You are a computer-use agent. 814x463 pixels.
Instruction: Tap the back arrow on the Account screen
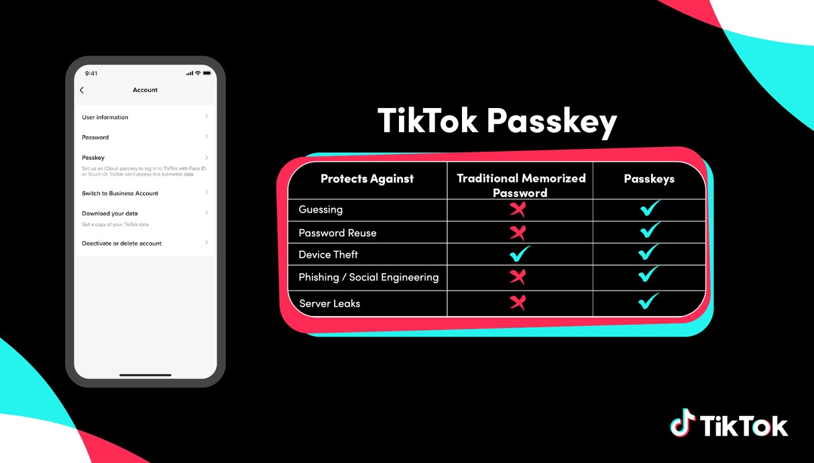pos(82,90)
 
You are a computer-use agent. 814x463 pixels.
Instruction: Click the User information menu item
pos(105,117)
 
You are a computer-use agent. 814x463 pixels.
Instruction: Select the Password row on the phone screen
pos(95,137)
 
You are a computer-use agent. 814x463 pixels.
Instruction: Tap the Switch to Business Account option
pos(120,193)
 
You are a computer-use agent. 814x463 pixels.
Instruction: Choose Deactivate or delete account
pos(121,244)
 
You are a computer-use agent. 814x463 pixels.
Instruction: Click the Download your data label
pos(110,213)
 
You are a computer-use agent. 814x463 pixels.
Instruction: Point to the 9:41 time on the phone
pos(91,73)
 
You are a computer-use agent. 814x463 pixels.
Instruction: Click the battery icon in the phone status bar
pos(207,73)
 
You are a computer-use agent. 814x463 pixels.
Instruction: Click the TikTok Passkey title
pos(497,121)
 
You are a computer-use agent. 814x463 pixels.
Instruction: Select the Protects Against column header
pos(367,178)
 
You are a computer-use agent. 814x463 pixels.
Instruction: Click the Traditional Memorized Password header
pos(521,185)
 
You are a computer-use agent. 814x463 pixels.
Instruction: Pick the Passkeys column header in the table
pos(649,178)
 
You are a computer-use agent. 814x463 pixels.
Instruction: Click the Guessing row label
pos(321,209)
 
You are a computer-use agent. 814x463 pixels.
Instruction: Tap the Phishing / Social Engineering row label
pos(369,277)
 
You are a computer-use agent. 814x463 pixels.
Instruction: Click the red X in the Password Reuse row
pos(518,233)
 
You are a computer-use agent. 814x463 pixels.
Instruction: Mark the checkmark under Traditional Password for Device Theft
pos(520,254)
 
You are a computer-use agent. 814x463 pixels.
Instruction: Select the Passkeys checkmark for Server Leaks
pos(648,301)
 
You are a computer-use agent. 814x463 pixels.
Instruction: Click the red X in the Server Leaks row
pos(518,303)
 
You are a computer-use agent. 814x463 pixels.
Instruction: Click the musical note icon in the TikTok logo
pos(683,422)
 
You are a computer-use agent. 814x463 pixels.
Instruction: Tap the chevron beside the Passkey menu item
pos(207,158)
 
